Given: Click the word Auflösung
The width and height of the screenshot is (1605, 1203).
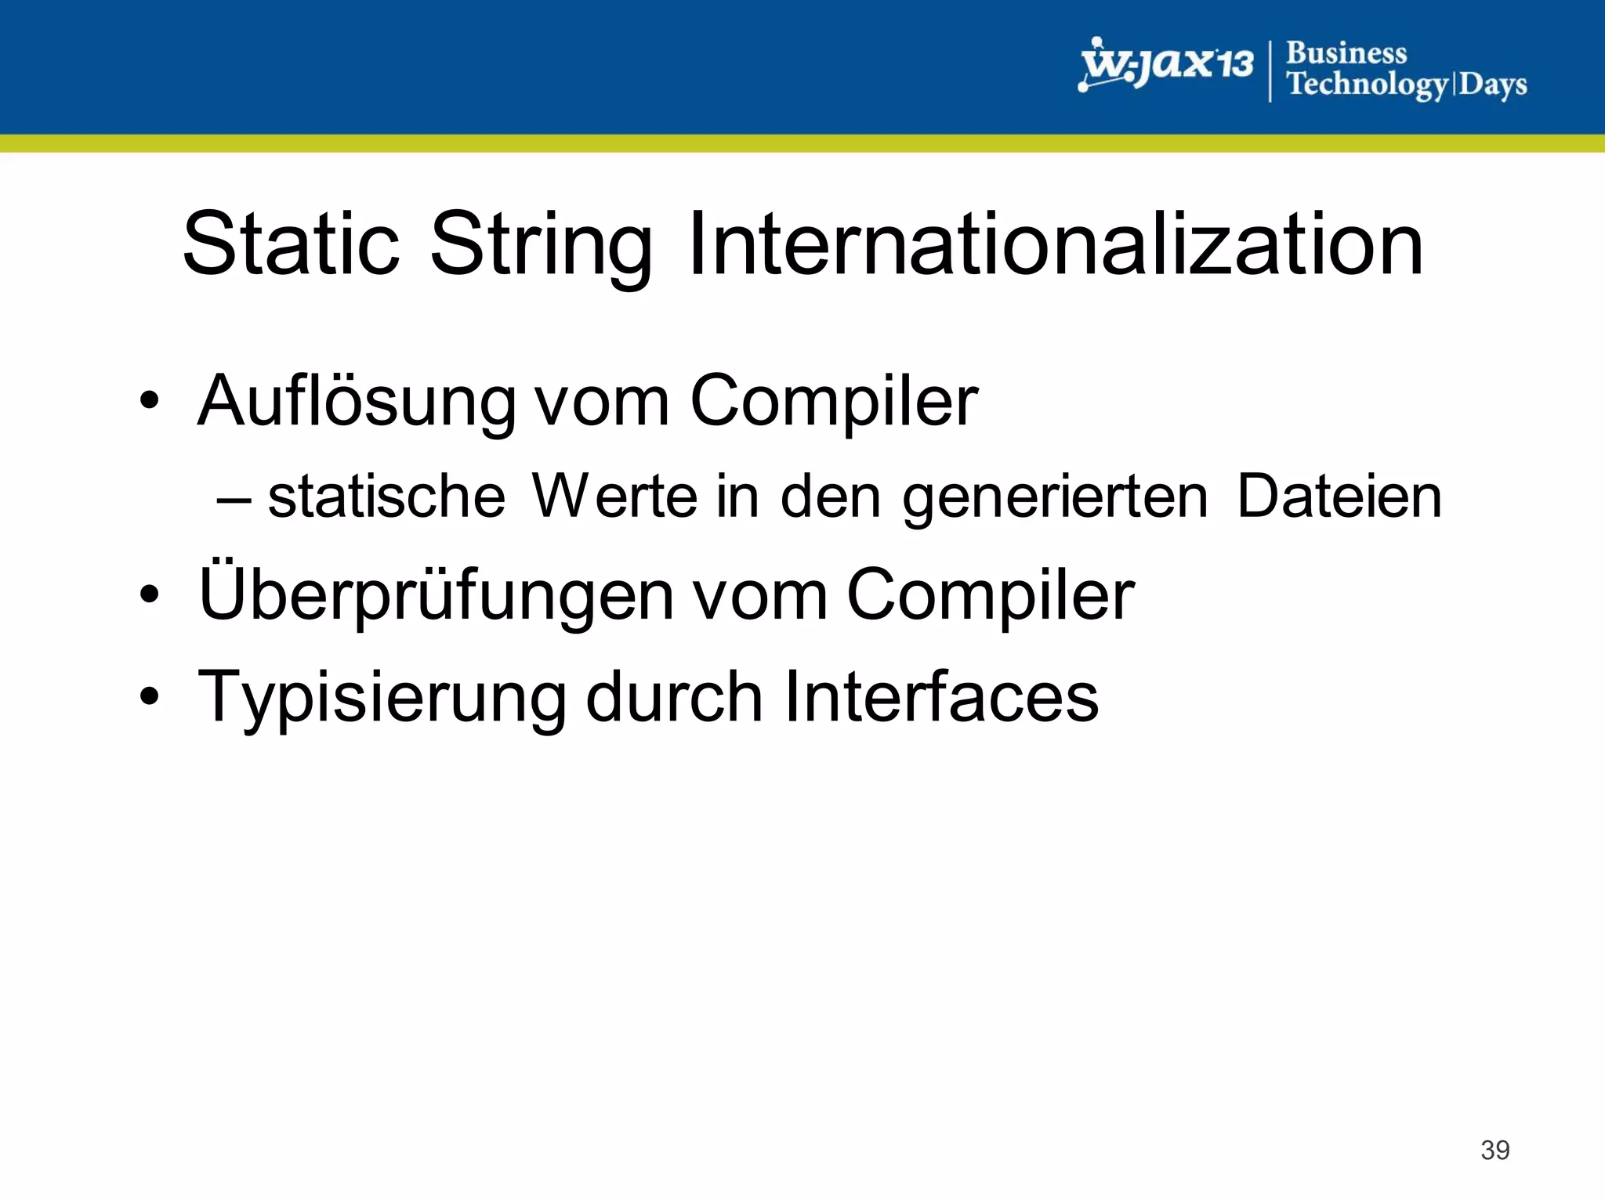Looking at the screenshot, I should point(357,401).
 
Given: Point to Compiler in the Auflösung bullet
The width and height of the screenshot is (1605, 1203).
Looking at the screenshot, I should point(834,401).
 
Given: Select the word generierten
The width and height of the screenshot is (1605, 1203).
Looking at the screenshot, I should point(1055,498).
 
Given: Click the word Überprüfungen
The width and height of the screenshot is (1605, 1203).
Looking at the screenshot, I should point(436,594).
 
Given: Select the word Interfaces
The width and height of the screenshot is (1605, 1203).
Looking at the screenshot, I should point(941,697).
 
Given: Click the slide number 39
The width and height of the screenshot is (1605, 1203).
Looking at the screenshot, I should point(1494,1150).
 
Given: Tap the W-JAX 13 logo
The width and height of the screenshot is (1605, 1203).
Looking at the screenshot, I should point(1165,64).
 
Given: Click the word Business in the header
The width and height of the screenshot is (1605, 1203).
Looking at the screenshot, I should point(1346,53).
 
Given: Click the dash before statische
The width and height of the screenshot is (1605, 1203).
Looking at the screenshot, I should point(234,499).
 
